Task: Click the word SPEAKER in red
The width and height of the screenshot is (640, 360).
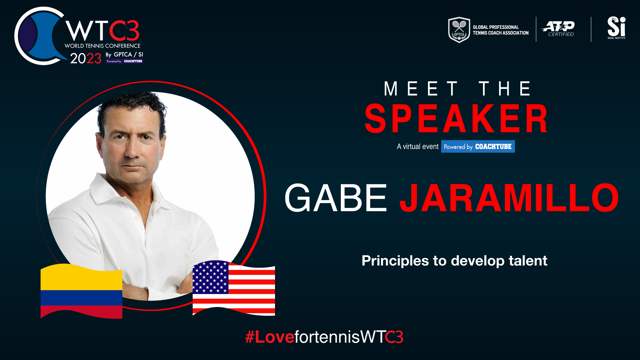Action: tap(456, 118)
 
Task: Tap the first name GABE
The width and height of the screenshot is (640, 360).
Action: tap(336, 198)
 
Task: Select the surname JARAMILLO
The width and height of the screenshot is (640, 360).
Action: tap(509, 198)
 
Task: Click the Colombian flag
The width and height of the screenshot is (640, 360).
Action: tap(81, 291)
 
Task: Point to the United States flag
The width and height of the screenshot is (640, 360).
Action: tap(234, 288)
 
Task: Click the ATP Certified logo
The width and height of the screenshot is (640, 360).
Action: tap(558, 29)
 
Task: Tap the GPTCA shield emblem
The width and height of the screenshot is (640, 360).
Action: tap(459, 30)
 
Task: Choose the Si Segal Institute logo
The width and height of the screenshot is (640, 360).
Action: tap(616, 28)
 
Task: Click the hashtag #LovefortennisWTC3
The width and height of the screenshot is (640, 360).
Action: tap(324, 337)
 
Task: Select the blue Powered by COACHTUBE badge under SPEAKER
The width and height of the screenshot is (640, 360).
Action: tap(478, 146)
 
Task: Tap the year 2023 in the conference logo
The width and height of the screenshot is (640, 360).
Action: tap(86, 58)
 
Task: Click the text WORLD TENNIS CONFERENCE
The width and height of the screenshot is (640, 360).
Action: tap(102, 46)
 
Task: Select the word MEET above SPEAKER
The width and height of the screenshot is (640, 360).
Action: tap(421, 89)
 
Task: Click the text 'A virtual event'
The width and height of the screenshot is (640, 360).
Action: tap(418, 146)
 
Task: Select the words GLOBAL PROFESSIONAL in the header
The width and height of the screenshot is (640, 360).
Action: tap(496, 27)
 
